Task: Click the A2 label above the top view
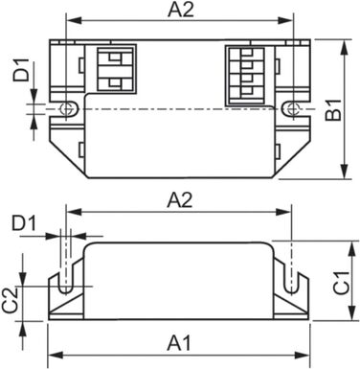point(179,11)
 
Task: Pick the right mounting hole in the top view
point(292,108)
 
